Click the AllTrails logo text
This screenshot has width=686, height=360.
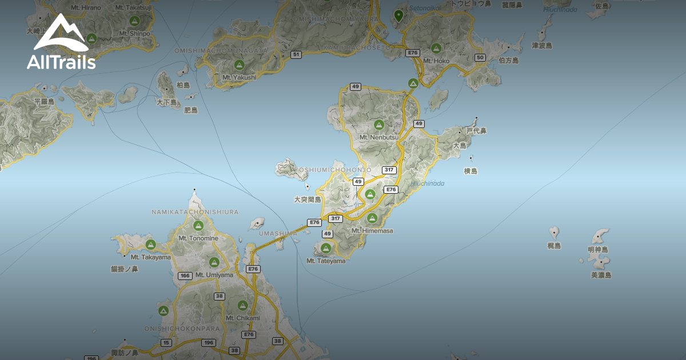click(61, 62)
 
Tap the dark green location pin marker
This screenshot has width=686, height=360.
click(398, 15)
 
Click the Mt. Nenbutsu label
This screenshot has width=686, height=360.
click(378, 137)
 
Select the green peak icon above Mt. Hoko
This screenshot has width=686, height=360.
click(436, 49)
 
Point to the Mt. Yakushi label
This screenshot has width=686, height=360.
click(239, 77)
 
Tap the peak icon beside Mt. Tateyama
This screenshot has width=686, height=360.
click(326, 248)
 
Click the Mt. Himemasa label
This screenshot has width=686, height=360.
click(372, 231)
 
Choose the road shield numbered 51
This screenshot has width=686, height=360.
click(296, 54)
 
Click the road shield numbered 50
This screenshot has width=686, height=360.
click(480, 57)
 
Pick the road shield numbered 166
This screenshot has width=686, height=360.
click(185, 276)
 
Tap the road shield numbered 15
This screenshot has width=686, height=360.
click(166, 343)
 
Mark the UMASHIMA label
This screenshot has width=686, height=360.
click(278, 233)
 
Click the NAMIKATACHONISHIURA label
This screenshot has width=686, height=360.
click(195, 212)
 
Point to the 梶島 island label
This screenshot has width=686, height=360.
click(554, 246)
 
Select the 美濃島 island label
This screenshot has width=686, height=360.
click(601, 275)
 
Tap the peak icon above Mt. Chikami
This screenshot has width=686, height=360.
click(242, 306)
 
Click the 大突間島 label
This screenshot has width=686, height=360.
click(308, 199)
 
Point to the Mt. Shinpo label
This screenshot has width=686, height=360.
click(135, 34)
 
